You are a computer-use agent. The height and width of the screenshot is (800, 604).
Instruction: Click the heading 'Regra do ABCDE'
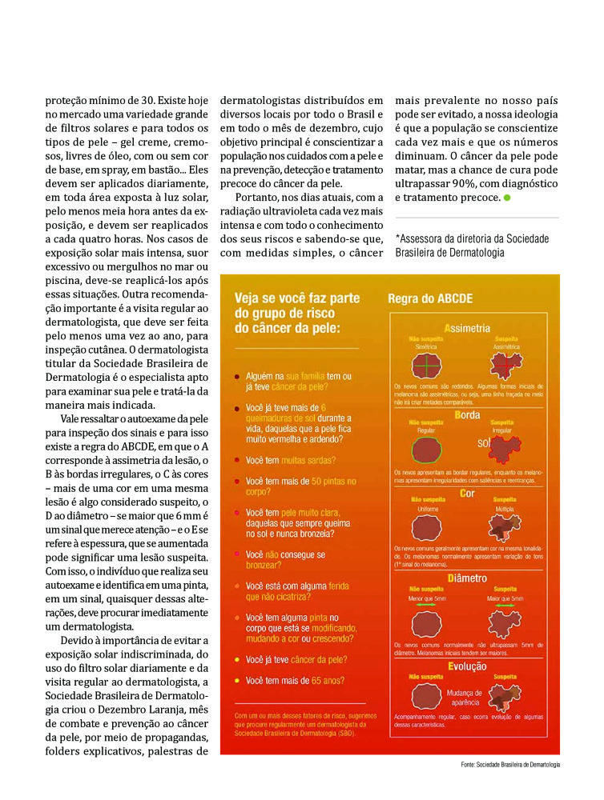[430, 298]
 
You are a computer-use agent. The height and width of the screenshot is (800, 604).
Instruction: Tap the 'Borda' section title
[467, 415]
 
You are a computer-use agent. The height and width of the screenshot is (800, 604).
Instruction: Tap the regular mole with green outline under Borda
[425, 450]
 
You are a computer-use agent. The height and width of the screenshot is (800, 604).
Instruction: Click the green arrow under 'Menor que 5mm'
[426, 606]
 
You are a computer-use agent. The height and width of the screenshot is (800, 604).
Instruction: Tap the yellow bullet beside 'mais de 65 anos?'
[236, 681]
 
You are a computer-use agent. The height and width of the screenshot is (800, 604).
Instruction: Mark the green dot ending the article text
[507, 198]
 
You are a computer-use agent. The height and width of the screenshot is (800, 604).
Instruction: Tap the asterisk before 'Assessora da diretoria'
[398, 238]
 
